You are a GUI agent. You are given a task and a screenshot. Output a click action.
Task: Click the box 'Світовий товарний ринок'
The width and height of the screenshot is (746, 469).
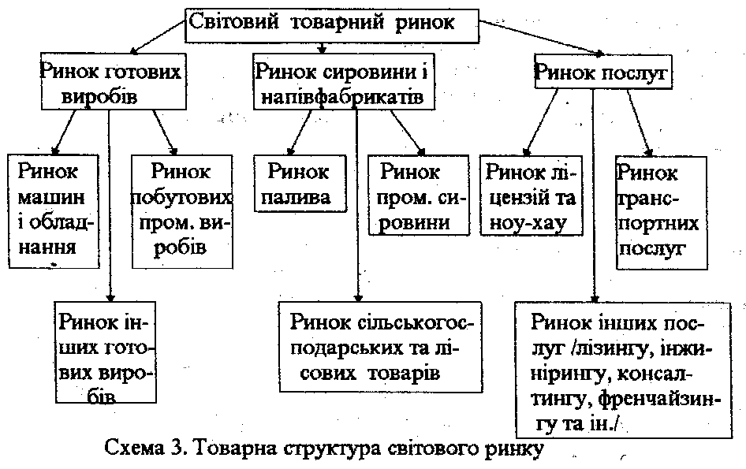tap(332, 26)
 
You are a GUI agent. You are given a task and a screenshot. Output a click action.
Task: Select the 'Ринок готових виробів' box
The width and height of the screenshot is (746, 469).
tap(114, 81)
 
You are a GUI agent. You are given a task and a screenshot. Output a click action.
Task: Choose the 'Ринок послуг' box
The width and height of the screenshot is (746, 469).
tap(603, 72)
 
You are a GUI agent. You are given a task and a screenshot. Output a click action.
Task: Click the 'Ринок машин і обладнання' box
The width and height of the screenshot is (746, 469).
tap(54, 211)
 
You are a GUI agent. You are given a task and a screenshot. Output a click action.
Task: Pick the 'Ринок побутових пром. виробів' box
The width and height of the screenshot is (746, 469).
tap(182, 212)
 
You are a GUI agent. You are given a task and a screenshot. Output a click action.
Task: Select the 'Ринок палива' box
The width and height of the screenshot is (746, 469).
tap(300, 183)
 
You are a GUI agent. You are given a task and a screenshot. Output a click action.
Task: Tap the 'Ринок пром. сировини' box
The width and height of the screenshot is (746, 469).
tap(419, 195)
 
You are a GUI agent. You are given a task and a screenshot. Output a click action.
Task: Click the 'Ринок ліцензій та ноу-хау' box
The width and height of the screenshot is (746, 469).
tap(532, 195)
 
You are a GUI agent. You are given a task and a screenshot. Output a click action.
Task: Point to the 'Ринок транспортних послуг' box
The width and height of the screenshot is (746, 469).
tap(662, 213)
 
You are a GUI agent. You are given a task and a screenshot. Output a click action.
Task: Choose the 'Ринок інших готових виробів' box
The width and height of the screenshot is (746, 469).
tap(105, 352)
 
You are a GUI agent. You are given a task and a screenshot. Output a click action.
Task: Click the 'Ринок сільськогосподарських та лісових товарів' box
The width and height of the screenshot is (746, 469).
tap(381, 347)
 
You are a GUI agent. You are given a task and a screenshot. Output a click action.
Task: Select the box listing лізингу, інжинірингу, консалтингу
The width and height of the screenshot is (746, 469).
tap(624, 370)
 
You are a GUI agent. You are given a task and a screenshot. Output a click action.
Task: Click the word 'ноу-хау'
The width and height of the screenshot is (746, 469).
tap(528, 223)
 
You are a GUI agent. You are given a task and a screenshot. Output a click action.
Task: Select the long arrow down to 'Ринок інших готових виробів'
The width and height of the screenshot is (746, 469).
tap(110, 206)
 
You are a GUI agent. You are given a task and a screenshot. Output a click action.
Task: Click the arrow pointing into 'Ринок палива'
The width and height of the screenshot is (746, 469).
tap(299, 132)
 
